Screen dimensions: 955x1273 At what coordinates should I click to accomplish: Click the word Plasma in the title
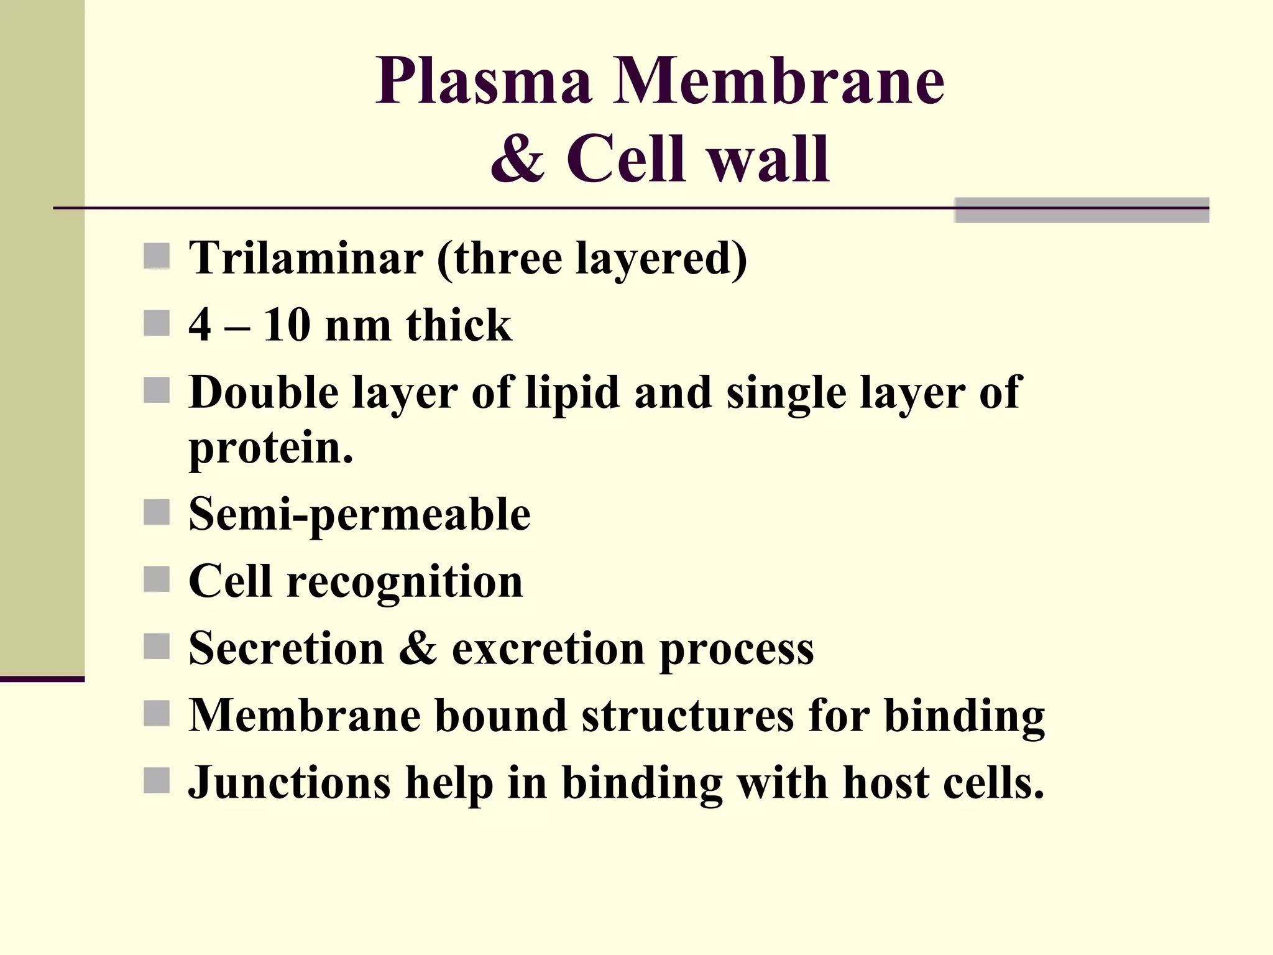click(483, 81)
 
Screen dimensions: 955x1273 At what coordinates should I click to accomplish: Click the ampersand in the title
click(517, 159)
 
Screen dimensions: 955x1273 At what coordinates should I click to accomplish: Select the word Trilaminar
click(305, 258)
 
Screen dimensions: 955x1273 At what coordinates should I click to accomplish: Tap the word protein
click(270, 447)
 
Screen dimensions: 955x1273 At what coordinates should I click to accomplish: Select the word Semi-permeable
click(359, 515)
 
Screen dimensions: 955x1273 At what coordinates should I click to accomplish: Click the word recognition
click(405, 583)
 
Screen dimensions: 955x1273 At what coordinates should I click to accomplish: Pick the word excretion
click(547, 648)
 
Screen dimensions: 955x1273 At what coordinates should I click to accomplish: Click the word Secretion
click(286, 648)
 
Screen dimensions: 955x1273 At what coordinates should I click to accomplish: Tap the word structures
click(687, 716)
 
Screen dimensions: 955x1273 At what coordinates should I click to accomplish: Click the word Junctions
click(289, 783)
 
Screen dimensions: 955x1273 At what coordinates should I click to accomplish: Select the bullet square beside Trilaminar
click(157, 256)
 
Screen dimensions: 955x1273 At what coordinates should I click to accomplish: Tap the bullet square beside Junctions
click(157, 780)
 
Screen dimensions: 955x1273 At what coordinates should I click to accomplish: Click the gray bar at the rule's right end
click(1081, 210)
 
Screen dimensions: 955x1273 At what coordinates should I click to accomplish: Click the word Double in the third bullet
click(264, 392)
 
